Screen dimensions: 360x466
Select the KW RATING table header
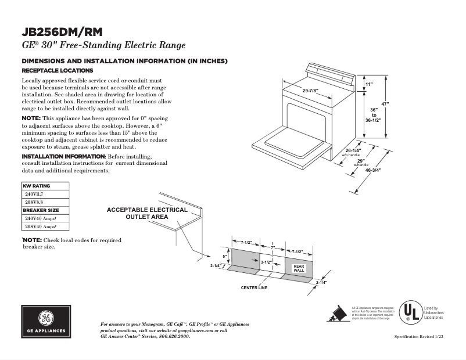[36, 186]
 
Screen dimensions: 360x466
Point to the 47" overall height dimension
[385, 105]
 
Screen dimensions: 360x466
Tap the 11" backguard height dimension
[369, 85]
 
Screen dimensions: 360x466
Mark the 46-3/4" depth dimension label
[373, 171]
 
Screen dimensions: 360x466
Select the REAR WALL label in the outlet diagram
[299, 268]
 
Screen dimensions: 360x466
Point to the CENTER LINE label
[254, 288]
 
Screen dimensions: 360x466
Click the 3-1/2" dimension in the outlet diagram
[267, 262]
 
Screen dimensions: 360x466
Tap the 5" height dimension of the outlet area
[225, 256]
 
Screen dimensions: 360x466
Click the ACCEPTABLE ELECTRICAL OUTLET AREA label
[147, 213]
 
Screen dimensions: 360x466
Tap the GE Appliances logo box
[46, 321]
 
